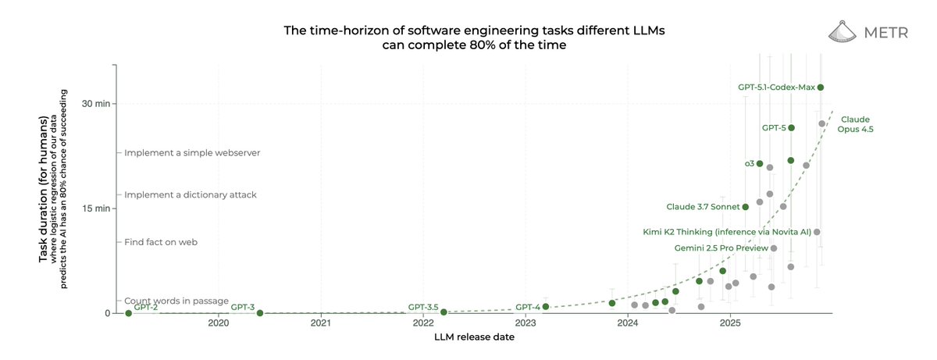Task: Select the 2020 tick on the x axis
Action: point(219,322)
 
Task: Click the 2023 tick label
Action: point(526,322)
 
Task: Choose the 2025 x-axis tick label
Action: point(730,322)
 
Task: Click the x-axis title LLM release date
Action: point(474,337)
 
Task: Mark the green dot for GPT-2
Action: point(128,313)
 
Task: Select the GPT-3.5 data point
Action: point(444,312)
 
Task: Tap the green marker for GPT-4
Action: point(546,307)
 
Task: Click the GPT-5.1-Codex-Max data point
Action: point(821,87)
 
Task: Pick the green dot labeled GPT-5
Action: point(791,128)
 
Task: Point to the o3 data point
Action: point(760,164)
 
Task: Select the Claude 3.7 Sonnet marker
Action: point(746,207)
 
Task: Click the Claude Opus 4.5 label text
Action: point(855,124)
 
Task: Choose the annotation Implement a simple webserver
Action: point(192,153)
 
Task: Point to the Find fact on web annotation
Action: point(161,242)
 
